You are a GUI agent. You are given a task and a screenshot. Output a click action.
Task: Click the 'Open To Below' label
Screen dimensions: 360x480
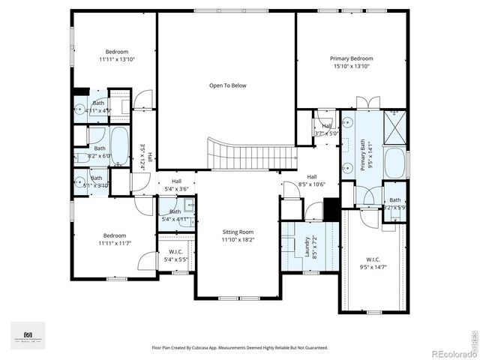click(227, 85)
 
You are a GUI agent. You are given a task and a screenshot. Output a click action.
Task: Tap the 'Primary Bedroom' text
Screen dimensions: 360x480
click(351, 58)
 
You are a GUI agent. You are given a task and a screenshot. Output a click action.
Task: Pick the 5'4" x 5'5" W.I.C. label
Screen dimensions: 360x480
click(176, 251)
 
